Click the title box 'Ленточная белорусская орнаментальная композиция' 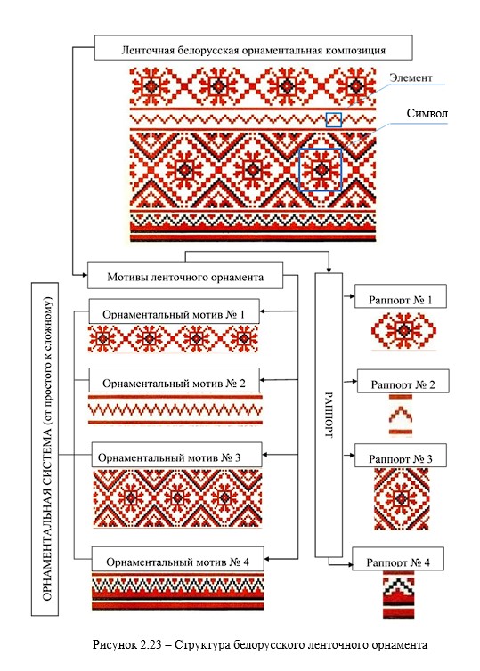click(x=254, y=47)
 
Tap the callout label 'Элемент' click(x=411, y=78)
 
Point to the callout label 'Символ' click(x=427, y=113)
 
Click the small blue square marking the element click(x=334, y=120)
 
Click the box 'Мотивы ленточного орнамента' click(x=185, y=275)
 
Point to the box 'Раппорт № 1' click(x=401, y=296)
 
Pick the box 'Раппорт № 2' click(x=403, y=381)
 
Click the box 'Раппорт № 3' click(x=401, y=456)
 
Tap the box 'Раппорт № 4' click(x=398, y=559)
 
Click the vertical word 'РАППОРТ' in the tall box click(x=329, y=415)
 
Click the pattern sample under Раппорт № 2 click(x=401, y=415)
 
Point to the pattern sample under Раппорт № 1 click(x=403, y=331)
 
